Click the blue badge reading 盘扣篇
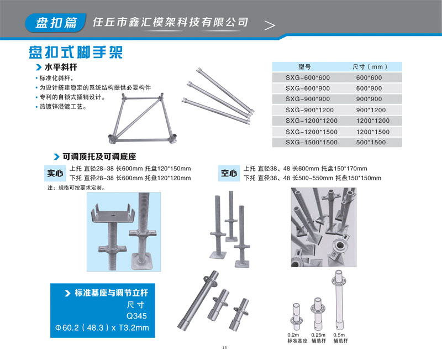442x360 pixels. [56, 23]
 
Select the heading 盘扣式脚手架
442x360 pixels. [76, 52]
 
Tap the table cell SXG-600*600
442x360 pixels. [308, 77]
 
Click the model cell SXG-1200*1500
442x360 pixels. [312, 132]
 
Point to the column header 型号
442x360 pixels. [304, 67]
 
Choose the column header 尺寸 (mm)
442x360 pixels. [370, 67]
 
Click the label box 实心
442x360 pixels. [55, 173]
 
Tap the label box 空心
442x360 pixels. [229, 173]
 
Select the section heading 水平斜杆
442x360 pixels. [61, 67]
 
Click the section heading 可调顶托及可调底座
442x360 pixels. [99, 156]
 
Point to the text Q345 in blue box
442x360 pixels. [136, 316]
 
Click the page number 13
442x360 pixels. [224, 348]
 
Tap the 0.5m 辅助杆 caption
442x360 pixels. [340, 338]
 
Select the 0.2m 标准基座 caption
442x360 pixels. [297, 338]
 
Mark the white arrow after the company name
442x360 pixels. [270, 25]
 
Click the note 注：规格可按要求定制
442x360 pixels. [77, 188]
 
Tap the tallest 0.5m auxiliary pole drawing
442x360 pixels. [339, 300]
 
